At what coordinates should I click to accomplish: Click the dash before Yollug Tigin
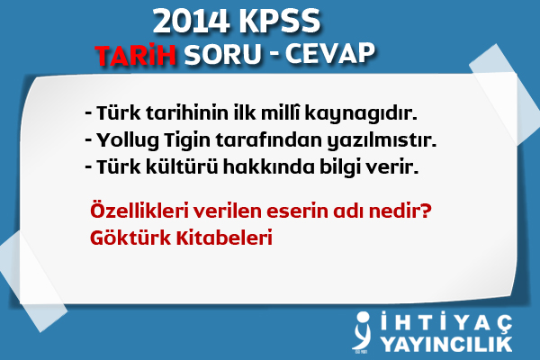click(87, 142)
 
